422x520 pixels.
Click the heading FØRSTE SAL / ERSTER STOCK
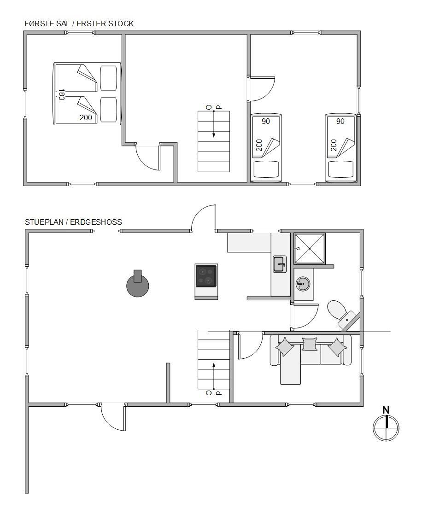click(x=79, y=23)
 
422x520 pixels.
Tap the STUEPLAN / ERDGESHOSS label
click(x=73, y=222)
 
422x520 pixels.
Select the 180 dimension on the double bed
click(x=61, y=94)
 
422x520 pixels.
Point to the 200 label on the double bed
click(x=86, y=117)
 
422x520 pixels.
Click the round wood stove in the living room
click(x=138, y=285)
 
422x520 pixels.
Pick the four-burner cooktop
click(x=206, y=276)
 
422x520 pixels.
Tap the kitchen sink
click(x=280, y=264)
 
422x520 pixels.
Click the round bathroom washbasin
click(x=303, y=284)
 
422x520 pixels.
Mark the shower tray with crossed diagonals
click(x=310, y=248)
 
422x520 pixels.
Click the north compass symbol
click(x=386, y=428)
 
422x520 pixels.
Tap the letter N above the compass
click(x=386, y=410)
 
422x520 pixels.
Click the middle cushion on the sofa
click(x=310, y=344)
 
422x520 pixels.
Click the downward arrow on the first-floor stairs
click(x=214, y=124)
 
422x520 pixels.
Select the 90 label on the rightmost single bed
click(x=340, y=122)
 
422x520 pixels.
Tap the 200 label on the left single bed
click(x=259, y=145)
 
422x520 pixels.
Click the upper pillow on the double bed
click(x=109, y=78)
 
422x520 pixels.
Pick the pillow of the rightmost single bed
click(x=341, y=169)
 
